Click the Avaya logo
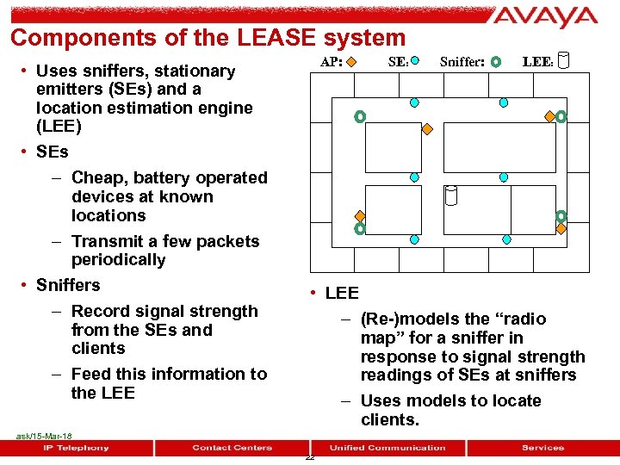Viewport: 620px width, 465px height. pos(546,17)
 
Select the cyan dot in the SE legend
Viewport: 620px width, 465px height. pos(415,61)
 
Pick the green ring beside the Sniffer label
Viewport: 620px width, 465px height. pos(494,62)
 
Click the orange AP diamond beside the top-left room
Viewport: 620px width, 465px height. pos(426,128)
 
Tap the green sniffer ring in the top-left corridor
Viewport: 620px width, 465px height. pos(359,115)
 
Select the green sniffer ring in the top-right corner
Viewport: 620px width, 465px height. pos(561,115)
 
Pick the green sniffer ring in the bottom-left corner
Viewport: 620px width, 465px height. pos(360,229)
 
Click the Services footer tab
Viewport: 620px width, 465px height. pos(542,448)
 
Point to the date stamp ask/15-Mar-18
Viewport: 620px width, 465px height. pos(44,437)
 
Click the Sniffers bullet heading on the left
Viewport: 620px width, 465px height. pos(68,285)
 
